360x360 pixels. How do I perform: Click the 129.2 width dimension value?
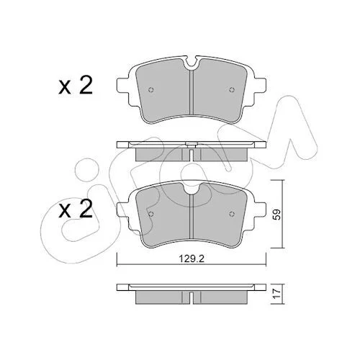192,258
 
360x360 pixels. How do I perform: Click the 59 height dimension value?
276,215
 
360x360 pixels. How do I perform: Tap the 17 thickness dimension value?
276,294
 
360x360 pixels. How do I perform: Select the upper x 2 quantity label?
76,86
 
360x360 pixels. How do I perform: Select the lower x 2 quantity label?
76,210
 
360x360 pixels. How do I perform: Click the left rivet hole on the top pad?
150,90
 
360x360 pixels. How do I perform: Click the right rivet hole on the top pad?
232,90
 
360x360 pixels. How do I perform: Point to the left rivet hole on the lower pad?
150,214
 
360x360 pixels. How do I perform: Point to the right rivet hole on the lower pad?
232,214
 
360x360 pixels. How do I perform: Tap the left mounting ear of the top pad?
123,86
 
